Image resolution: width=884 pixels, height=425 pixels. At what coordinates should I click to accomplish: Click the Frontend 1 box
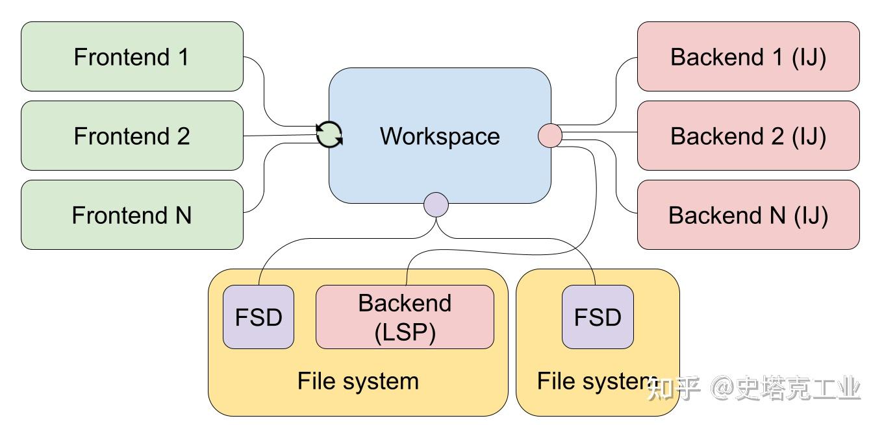coord(132,56)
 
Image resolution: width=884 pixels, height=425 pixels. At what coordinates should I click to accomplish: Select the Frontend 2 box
coord(132,136)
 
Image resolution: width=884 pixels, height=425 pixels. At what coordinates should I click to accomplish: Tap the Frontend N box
coord(132,215)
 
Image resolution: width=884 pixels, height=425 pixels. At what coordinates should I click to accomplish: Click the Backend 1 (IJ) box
coord(748,56)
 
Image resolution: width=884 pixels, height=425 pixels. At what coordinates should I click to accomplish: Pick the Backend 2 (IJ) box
coord(748,136)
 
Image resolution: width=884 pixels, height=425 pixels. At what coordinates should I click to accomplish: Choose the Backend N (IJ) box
coord(748,215)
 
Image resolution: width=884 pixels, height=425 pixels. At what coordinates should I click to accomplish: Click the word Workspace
coord(440,136)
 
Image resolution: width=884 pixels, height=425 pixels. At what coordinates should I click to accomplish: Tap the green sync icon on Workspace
coord(329,134)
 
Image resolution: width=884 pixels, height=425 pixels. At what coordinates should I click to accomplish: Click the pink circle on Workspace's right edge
coord(550,136)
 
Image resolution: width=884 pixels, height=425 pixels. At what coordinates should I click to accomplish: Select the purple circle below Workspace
coord(436,204)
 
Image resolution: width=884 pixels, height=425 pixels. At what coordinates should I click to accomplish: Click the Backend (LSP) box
coord(405,317)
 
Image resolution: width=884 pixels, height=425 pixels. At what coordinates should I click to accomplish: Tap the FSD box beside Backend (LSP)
coord(259,317)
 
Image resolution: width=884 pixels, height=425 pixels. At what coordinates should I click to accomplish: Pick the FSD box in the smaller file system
coord(598,317)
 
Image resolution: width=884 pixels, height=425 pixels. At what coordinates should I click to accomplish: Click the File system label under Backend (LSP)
coord(358,382)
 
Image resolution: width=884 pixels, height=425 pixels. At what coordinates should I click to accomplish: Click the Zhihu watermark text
coord(753,388)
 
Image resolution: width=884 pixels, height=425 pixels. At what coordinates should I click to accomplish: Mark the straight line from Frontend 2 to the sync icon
coord(280,135)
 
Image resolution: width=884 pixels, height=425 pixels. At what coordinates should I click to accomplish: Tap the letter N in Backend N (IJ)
coord(777,215)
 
